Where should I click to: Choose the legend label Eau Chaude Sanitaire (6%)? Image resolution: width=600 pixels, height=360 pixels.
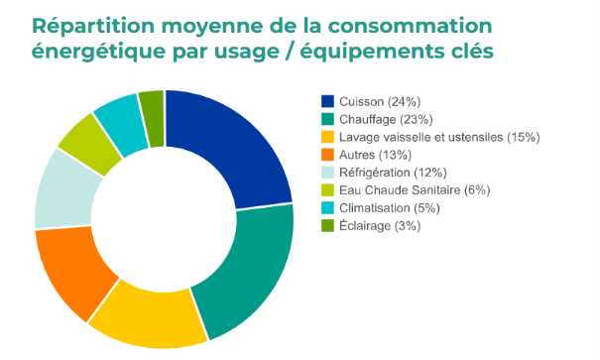click(x=413, y=190)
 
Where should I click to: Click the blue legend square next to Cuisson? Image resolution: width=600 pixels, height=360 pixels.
click(x=327, y=101)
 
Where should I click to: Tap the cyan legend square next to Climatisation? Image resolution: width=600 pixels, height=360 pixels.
click(x=327, y=208)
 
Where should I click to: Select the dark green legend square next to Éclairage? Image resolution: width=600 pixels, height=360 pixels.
click(x=327, y=226)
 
